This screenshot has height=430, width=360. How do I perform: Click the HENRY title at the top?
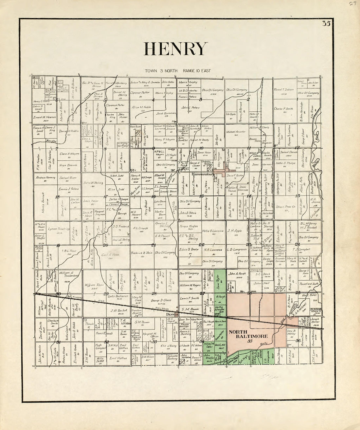(176, 49)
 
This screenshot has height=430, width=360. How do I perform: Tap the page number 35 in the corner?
(326, 23)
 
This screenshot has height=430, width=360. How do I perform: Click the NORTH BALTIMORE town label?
(248, 334)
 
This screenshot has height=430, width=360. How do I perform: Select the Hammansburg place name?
(201, 175)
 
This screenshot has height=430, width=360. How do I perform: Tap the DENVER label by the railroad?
(171, 315)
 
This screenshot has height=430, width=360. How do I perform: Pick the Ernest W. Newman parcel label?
(45, 117)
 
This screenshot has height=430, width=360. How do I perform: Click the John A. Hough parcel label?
(237, 274)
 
